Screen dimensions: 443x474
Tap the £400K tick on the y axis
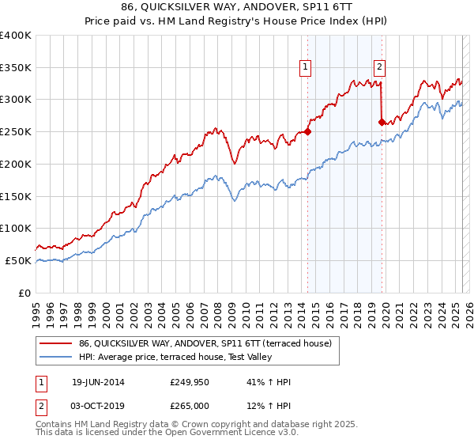[16, 36]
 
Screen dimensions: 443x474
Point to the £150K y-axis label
[16, 196]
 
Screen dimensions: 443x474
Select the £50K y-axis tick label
[18, 260]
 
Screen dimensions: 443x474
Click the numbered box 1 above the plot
[305, 67]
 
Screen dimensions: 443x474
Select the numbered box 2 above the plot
[379, 67]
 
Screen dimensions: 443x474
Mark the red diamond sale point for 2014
[307, 132]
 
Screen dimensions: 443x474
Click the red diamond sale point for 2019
[382, 123]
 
